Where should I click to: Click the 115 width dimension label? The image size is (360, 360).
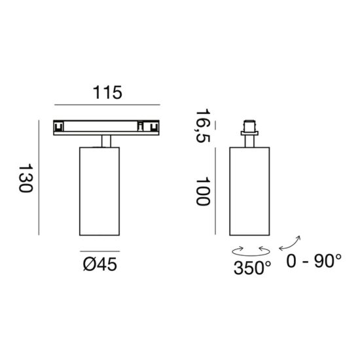point(107,92)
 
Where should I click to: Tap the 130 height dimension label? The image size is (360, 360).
point(26,178)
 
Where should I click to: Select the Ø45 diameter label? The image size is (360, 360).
point(100,264)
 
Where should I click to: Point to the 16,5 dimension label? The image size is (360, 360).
point(203,126)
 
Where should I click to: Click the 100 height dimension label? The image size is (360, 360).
point(203,191)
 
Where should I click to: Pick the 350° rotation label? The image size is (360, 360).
point(252,268)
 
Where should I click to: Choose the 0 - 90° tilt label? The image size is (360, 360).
point(314,261)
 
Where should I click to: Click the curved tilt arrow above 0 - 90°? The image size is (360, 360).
point(290,243)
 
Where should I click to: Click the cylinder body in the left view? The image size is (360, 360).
point(99,191)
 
